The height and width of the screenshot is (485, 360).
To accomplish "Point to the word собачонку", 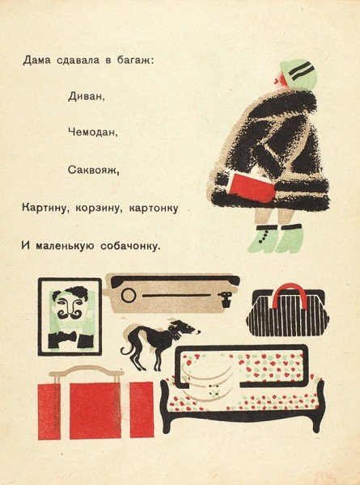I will pos(127,243).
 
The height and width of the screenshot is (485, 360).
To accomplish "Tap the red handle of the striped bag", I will pos(288,297).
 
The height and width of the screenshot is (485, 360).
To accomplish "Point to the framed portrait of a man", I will pos(70,316).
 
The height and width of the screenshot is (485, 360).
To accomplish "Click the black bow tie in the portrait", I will pos(70,339).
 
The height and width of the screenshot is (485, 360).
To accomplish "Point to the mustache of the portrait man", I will pos(69,311).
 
